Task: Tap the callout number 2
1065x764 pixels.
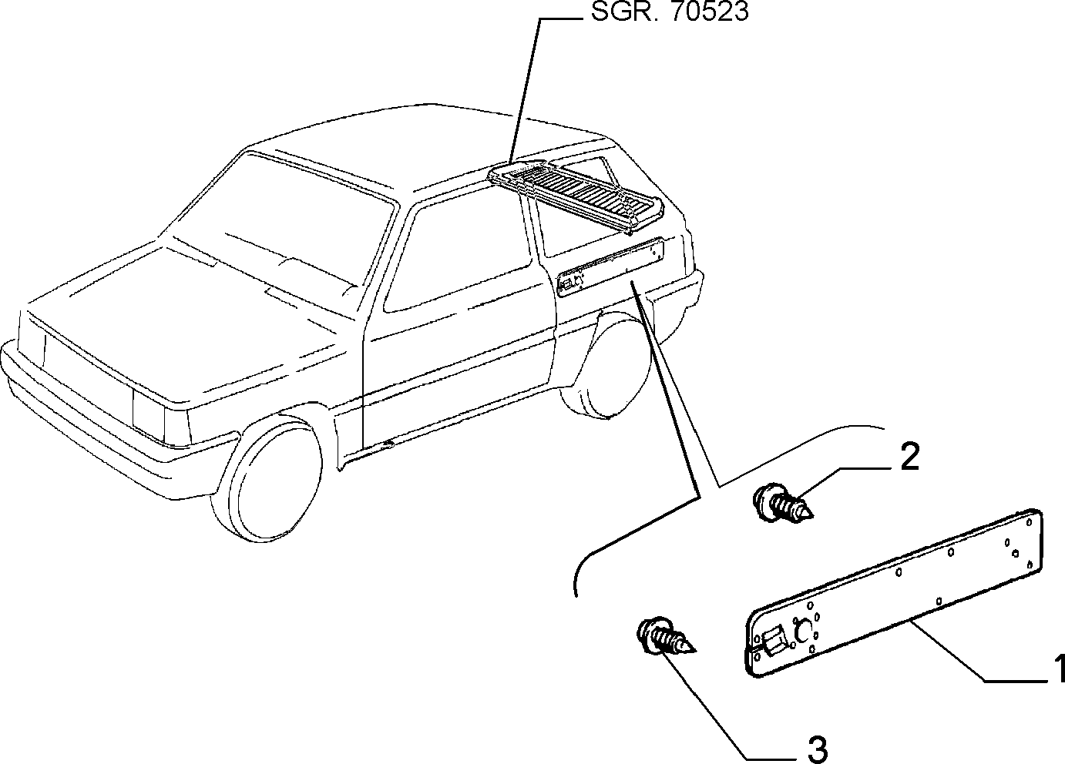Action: click(909, 457)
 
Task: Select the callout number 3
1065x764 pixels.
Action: click(817, 749)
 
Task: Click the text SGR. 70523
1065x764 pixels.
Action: click(670, 11)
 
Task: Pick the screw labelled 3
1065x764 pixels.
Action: click(666, 637)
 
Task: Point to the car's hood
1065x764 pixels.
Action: click(190, 313)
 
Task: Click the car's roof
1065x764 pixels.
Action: click(428, 142)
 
